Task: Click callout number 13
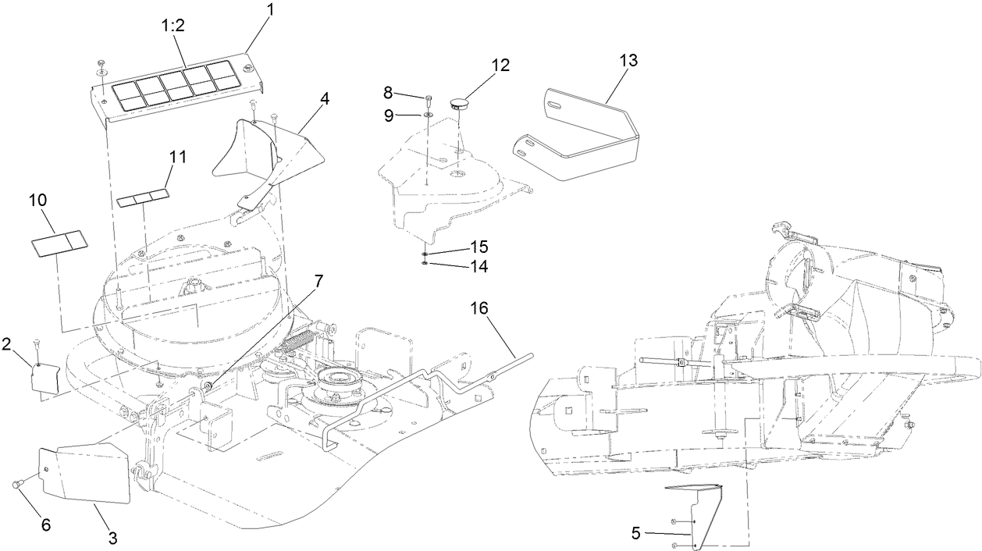click(x=628, y=61)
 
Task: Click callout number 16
click(x=479, y=308)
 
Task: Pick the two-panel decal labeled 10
click(x=57, y=242)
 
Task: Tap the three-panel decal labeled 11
click(x=143, y=196)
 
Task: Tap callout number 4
click(x=324, y=99)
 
